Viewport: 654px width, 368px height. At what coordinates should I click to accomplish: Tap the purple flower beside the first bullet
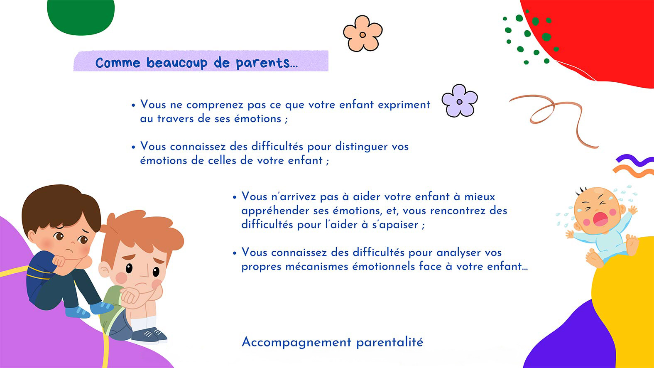(460, 101)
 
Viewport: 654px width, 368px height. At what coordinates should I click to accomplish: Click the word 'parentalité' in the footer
(390, 342)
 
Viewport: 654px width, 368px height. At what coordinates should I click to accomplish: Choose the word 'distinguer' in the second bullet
(361, 147)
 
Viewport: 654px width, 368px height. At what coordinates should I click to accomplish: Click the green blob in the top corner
(81, 17)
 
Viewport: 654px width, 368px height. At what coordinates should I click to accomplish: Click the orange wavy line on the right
(633, 171)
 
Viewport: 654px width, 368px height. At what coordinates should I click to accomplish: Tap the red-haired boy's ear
(104, 269)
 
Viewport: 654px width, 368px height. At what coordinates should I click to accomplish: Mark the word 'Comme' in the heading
(118, 63)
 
